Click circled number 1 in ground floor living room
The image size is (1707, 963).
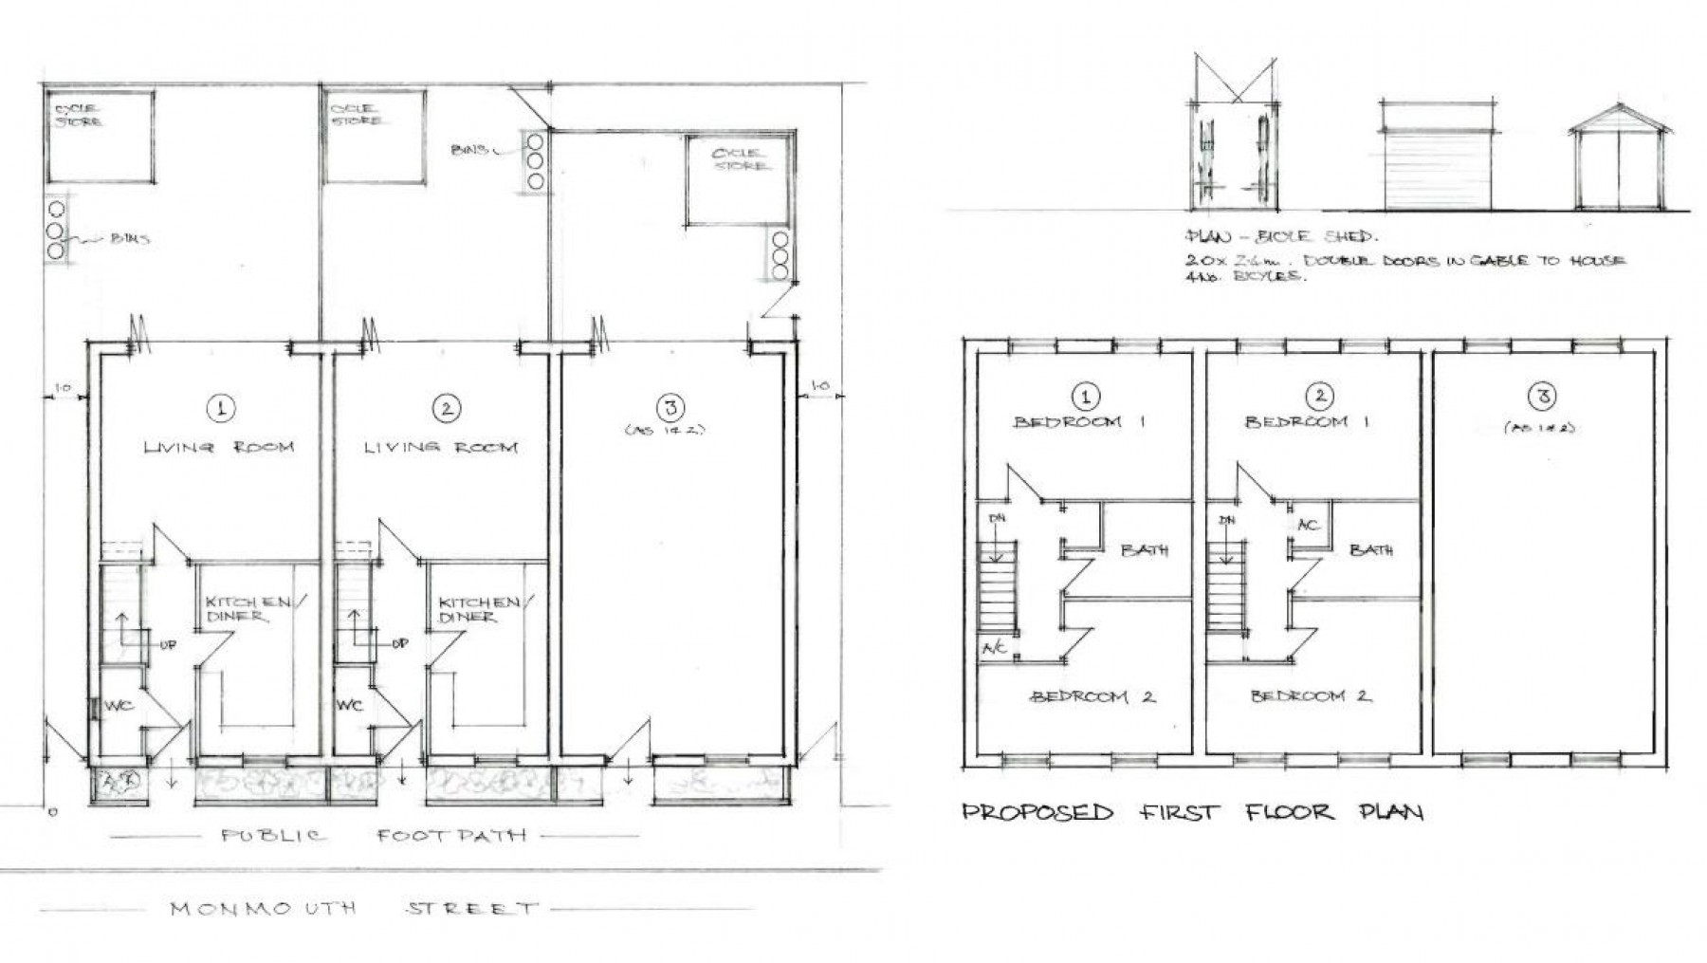click(x=220, y=409)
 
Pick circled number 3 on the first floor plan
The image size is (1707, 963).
click(x=1543, y=396)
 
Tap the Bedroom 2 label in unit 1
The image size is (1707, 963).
click(x=1092, y=696)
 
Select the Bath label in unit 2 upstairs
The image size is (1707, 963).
click(x=1370, y=549)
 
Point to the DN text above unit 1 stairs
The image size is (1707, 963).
click(x=997, y=519)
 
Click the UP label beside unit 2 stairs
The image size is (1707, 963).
click(x=399, y=644)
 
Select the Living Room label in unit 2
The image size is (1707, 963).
click(x=441, y=447)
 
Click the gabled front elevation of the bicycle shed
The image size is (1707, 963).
click(x=1620, y=166)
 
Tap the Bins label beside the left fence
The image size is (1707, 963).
click(x=129, y=239)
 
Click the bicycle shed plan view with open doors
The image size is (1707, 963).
click(x=1233, y=157)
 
